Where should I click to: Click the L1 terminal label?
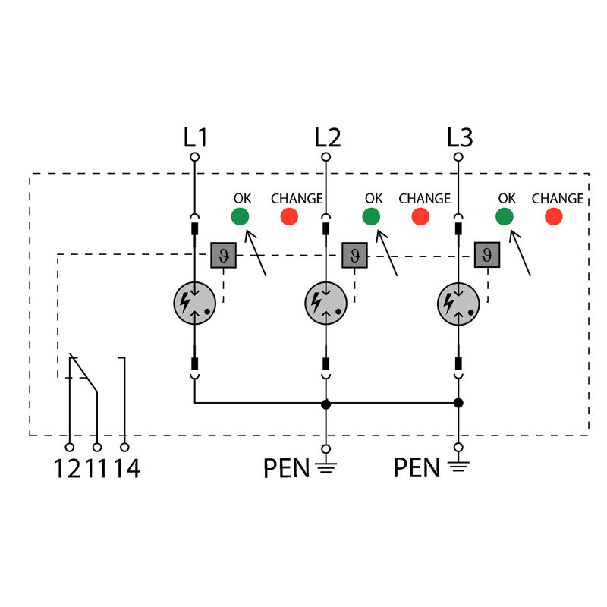pyautogui.click(x=195, y=137)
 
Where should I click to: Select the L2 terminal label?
pyautogui.click(x=327, y=137)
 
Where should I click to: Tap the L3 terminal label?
pyautogui.click(x=459, y=137)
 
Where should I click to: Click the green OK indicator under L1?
pyautogui.click(x=240, y=216)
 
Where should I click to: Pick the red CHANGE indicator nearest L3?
pyautogui.click(x=554, y=216)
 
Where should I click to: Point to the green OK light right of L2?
pyautogui.click(x=371, y=216)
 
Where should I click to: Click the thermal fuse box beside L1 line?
pyautogui.click(x=223, y=256)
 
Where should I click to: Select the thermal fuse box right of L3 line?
pyautogui.click(x=486, y=256)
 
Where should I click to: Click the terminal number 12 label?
pyautogui.click(x=67, y=469)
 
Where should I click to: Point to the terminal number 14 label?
pyautogui.click(x=127, y=469)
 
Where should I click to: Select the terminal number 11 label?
pyautogui.click(x=96, y=469)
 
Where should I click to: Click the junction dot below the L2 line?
pyautogui.click(x=326, y=404)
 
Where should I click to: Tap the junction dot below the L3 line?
pyautogui.click(x=458, y=404)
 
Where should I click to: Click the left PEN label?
pyautogui.click(x=286, y=469)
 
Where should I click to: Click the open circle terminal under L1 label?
pyautogui.click(x=195, y=157)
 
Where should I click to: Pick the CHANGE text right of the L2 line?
pyautogui.click(x=424, y=199)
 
